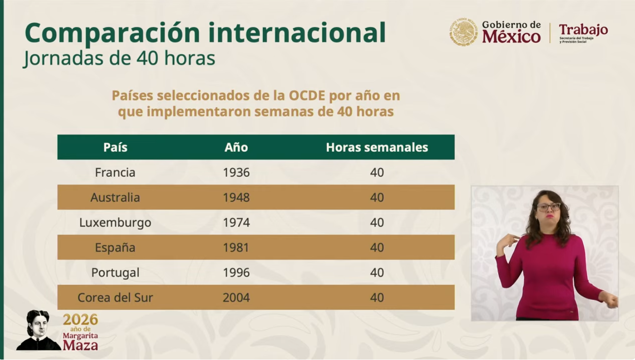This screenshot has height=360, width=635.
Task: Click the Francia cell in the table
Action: [x=115, y=172]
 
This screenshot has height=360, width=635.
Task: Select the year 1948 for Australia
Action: [x=236, y=197]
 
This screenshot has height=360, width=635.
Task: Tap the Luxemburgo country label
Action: [x=115, y=223]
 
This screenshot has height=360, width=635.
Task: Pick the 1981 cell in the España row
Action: [x=236, y=247]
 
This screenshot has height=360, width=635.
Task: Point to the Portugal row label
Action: [x=115, y=273]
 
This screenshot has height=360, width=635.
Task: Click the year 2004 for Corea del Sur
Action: [x=236, y=298]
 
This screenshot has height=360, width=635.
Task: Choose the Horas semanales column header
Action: [x=377, y=147]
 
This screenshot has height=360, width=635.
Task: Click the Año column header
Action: [x=236, y=147]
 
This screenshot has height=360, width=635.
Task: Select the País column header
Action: [x=115, y=147]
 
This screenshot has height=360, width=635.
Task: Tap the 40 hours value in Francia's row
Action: [x=377, y=172]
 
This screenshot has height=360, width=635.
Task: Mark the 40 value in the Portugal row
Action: [x=377, y=273]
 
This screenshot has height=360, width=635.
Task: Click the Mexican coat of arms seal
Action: [x=464, y=32]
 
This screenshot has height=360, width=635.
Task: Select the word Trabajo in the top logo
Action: [x=583, y=30]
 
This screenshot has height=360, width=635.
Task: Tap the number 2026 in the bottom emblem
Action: [x=80, y=320]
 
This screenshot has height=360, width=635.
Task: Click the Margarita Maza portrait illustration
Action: [x=39, y=330]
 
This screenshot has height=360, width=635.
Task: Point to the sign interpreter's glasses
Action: [x=549, y=207]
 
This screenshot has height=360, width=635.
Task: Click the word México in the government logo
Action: [x=511, y=37]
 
